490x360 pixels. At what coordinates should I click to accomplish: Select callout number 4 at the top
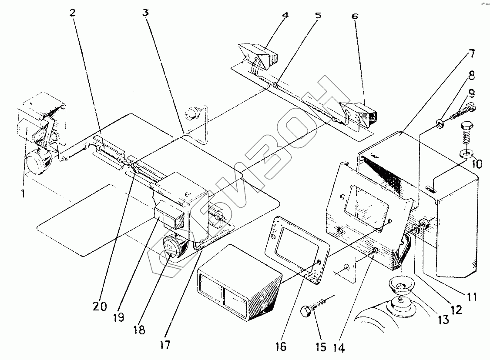285,15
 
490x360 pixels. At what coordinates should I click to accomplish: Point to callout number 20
100,307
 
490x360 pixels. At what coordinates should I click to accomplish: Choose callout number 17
165,346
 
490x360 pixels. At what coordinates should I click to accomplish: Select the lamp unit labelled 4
259,55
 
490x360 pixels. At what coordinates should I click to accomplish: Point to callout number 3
146,13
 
